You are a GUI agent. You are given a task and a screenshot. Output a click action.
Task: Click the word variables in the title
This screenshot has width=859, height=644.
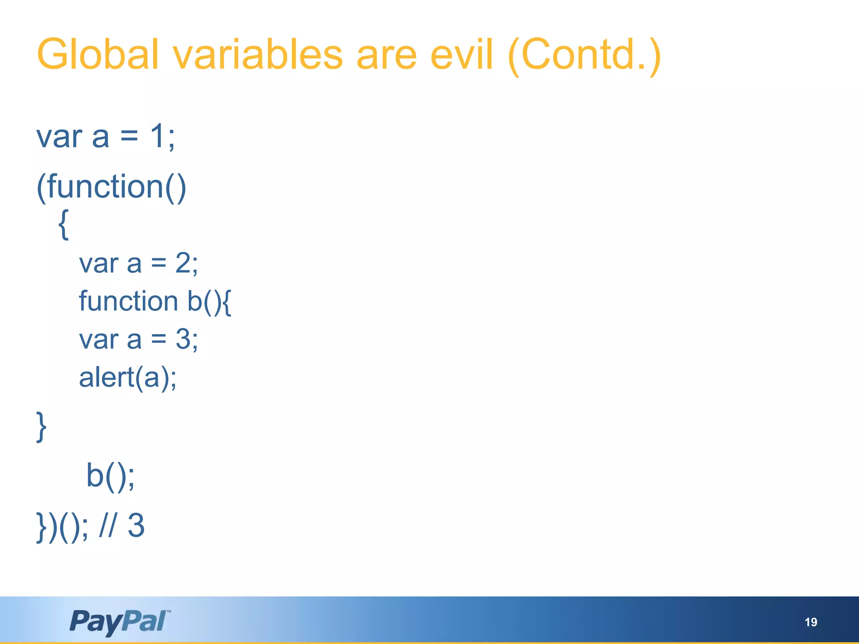point(258,55)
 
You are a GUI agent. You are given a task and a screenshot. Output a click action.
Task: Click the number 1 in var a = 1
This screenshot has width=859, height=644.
point(158,136)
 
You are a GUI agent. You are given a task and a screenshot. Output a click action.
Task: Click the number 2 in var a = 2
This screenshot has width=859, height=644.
point(183,263)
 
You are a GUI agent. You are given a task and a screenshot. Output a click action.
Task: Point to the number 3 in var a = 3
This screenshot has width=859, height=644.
point(183,339)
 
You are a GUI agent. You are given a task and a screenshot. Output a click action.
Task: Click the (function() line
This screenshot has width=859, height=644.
point(112,187)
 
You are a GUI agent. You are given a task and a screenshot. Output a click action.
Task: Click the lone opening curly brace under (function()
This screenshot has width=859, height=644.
point(63,225)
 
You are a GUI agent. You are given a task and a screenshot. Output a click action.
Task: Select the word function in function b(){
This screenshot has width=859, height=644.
point(128,301)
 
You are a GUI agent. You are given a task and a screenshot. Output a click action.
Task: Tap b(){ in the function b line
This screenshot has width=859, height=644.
point(209,301)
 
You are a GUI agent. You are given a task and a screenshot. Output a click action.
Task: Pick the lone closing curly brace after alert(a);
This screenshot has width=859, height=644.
point(41,427)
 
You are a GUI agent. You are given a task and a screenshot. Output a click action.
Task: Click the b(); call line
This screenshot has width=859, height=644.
point(110,476)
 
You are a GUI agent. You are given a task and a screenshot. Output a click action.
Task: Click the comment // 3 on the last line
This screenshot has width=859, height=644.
point(122,525)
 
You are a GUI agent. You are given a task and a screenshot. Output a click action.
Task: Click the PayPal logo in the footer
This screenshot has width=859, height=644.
point(119,621)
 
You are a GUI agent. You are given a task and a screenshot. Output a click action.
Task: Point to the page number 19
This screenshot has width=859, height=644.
point(810,622)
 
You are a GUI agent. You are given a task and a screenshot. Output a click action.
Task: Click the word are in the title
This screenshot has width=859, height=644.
point(386,55)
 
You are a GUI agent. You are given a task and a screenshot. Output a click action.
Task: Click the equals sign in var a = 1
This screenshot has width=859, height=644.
point(129,136)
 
